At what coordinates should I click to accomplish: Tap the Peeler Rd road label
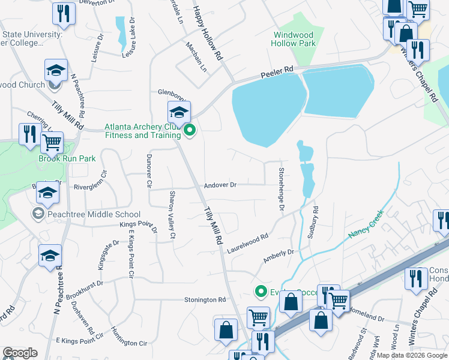pos(277,72)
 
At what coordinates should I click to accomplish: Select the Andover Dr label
pos(221,185)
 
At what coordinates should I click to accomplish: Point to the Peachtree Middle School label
pos(86,214)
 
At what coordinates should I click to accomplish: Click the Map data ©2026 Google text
pos(411,355)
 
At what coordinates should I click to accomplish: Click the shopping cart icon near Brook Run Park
pos(52,143)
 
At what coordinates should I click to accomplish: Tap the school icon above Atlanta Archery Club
pos(179,112)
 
